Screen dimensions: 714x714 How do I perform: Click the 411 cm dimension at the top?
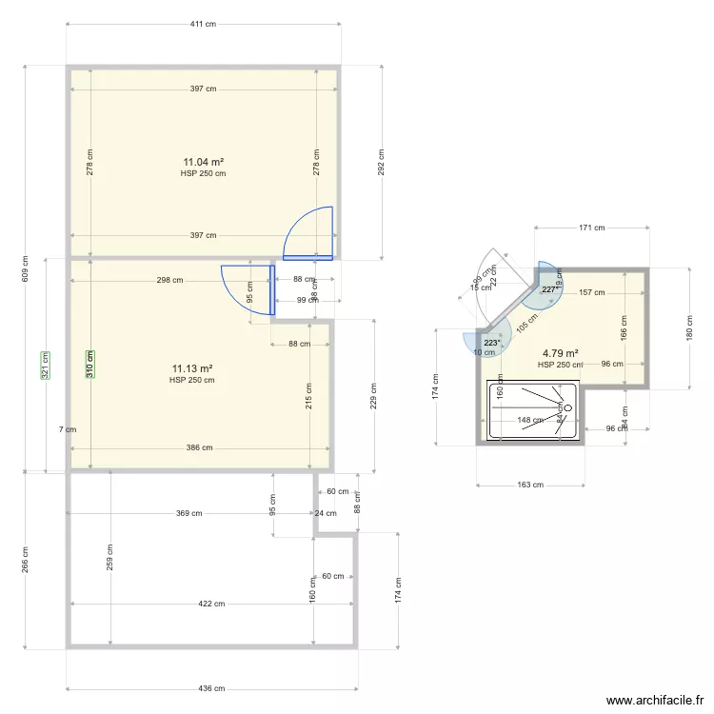(203, 24)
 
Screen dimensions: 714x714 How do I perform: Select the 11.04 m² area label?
(203, 162)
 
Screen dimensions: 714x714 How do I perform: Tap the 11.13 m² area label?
(191, 368)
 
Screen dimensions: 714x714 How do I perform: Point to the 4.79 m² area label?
(560, 352)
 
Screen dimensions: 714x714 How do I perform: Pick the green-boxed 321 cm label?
(46, 366)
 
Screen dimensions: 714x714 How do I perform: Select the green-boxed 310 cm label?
(90, 366)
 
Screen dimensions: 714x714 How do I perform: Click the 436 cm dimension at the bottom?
(211, 688)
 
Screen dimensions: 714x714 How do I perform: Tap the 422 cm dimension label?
(211, 604)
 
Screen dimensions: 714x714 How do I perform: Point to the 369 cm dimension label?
(188, 514)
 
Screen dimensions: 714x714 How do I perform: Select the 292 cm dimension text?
(381, 162)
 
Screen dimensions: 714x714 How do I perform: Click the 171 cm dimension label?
(592, 228)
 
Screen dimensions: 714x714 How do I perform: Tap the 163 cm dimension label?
(530, 485)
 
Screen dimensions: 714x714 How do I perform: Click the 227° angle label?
(550, 289)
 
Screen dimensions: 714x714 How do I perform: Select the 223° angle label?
(491, 342)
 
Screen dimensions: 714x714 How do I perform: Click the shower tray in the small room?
(532, 409)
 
